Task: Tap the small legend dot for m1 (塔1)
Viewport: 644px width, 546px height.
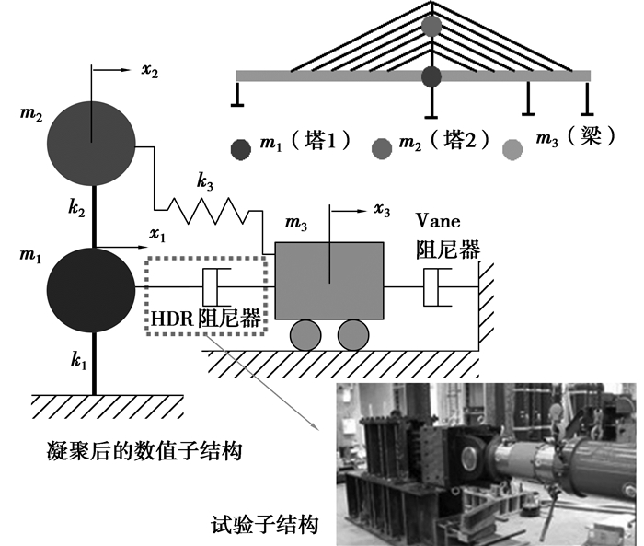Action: (241, 147)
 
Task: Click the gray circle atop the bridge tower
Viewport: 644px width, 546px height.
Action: (431, 26)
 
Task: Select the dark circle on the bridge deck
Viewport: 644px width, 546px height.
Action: (431, 76)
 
